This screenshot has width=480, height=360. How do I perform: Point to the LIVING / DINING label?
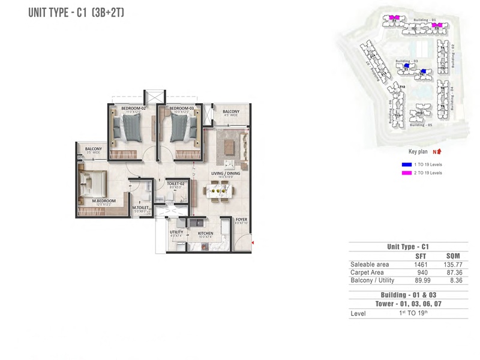(x=225, y=173)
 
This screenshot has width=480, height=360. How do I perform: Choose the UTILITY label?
(x=176, y=232)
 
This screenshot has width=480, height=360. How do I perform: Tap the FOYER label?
(x=241, y=220)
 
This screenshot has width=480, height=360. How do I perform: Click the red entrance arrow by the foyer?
(x=253, y=243)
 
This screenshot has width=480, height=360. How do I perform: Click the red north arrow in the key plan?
(x=439, y=152)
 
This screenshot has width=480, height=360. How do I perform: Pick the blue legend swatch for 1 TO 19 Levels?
(x=407, y=164)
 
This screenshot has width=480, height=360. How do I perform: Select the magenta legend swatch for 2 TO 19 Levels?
(x=407, y=173)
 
